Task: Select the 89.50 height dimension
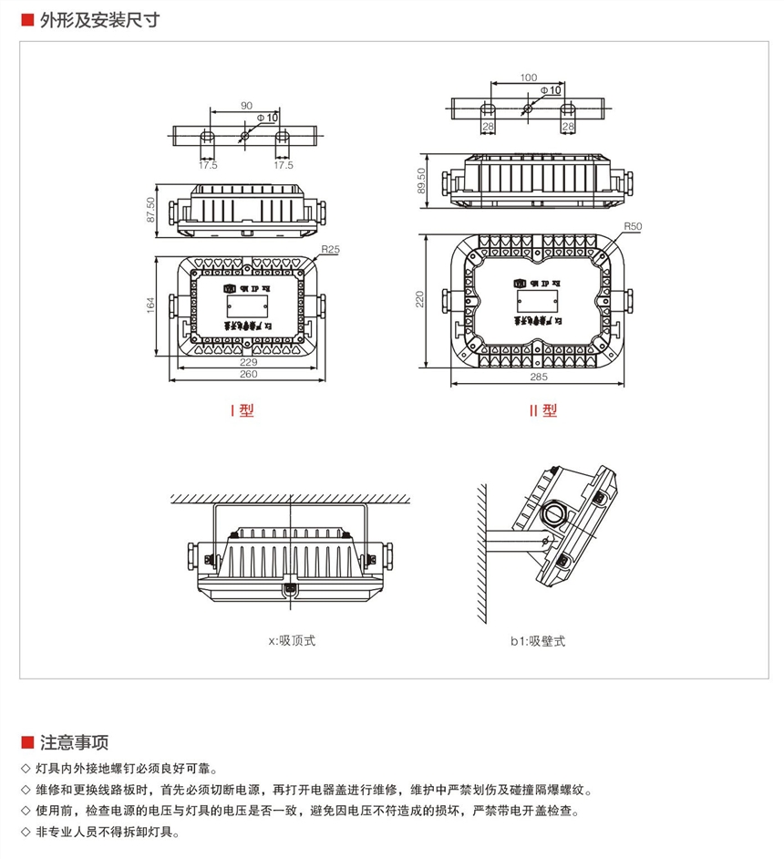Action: click(421, 181)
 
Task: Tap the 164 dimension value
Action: click(150, 305)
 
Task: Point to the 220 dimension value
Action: click(419, 299)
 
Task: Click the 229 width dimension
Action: click(247, 362)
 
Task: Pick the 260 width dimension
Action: click(247, 375)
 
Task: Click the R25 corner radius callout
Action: click(330, 249)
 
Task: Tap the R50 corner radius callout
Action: click(633, 225)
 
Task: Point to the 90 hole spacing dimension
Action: click(246, 106)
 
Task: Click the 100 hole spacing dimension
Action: click(529, 78)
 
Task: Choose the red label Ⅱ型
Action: click(543, 410)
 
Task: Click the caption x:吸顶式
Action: click(291, 641)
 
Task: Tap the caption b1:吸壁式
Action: click(538, 641)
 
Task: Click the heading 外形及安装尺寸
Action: click(100, 19)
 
